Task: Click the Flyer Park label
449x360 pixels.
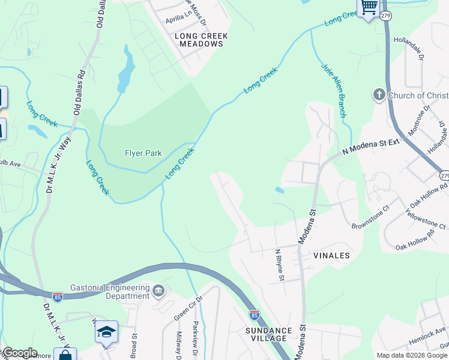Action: pos(143,153)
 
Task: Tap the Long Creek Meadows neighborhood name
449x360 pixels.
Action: pos(201,40)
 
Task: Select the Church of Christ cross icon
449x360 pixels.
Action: pos(379,95)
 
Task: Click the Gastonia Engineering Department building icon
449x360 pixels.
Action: pos(158,292)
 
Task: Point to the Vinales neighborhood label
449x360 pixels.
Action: pos(331,256)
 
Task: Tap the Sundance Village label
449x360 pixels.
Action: pos(268,334)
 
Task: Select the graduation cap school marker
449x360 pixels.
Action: pos(106,332)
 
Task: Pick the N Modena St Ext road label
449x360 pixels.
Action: pos(370,148)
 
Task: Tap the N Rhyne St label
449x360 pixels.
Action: pos(279,265)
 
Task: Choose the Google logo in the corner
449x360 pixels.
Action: pos(19,353)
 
